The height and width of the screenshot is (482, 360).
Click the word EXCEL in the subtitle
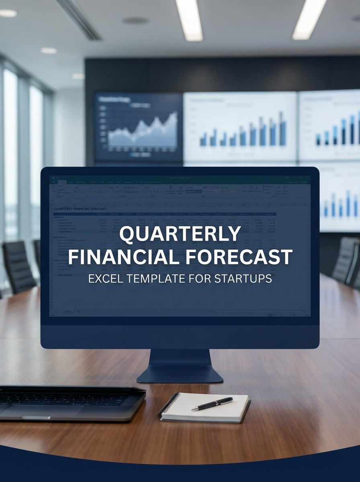104,278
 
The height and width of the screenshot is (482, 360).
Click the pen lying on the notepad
212,403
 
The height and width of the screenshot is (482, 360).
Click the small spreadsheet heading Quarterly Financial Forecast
80,209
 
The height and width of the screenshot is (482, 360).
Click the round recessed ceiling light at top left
8,13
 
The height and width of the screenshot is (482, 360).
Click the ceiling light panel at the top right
309,19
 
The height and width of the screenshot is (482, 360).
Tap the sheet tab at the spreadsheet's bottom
68,311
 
